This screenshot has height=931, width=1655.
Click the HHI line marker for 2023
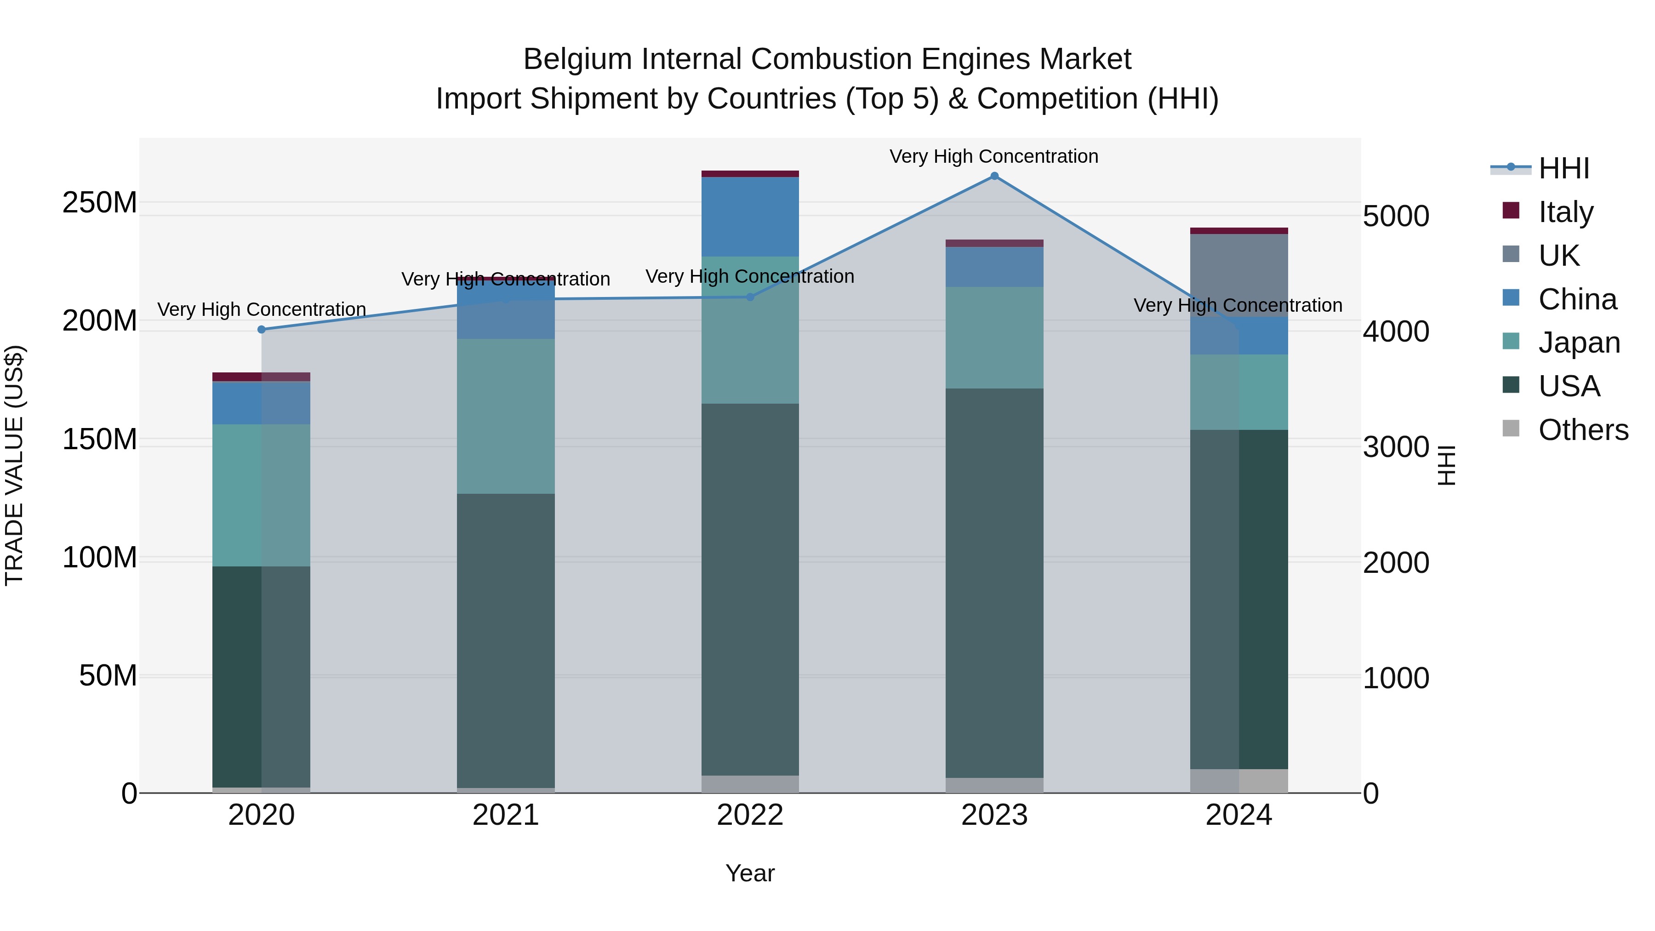click(x=994, y=176)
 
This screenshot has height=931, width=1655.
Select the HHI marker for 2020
click(x=262, y=330)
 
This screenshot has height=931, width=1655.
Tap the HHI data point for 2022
click(x=750, y=297)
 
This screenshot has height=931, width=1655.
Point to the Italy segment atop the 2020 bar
click(x=262, y=377)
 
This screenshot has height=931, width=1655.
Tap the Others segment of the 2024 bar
click(x=1238, y=781)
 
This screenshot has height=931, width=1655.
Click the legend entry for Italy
click(x=1566, y=212)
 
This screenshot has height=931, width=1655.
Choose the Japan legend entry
click(x=1579, y=343)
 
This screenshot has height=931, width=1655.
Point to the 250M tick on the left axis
click(x=100, y=203)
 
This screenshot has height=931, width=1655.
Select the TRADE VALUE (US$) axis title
click(x=14, y=465)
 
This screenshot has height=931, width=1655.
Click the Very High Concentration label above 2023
click(x=994, y=156)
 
